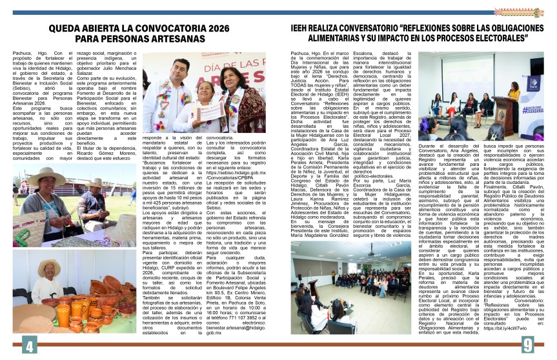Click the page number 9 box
(x=527, y=346)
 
